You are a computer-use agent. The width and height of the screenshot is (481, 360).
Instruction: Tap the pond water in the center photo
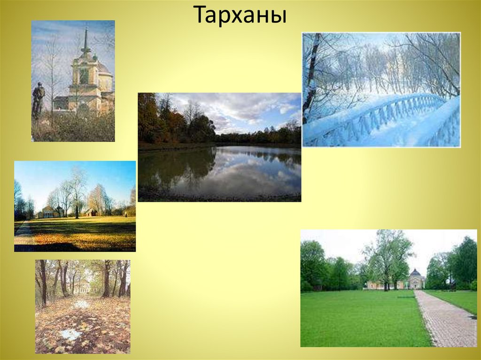click(221, 171)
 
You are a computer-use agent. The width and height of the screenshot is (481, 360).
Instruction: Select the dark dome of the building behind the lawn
click(415, 273)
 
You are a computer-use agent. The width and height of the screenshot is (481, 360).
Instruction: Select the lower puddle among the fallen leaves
click(70, 334)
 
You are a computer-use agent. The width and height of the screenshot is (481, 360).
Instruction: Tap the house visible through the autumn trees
click(83, 286)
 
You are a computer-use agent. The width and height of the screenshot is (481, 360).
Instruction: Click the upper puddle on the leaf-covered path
click(81, 304)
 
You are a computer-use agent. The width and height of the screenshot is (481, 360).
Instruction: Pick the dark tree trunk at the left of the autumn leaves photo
click(43, 282)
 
